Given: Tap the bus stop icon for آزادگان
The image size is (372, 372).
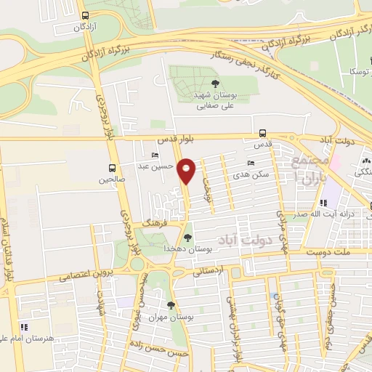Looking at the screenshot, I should tap(86, 15).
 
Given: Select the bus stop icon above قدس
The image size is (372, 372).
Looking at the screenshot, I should tap(262, 132).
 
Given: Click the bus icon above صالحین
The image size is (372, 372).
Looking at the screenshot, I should tap(112, 166).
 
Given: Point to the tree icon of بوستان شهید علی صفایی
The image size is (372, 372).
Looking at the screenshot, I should tap(214, 84).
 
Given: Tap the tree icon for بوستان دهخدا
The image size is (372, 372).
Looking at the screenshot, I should tap(188, 238).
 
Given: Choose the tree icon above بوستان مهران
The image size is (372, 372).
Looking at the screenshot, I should tap(171, 305).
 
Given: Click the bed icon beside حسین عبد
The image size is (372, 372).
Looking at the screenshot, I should tap(154, 155).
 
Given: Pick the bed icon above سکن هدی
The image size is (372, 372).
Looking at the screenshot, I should tap(251, 163).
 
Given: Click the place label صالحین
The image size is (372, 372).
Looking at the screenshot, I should tap(113, 178).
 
